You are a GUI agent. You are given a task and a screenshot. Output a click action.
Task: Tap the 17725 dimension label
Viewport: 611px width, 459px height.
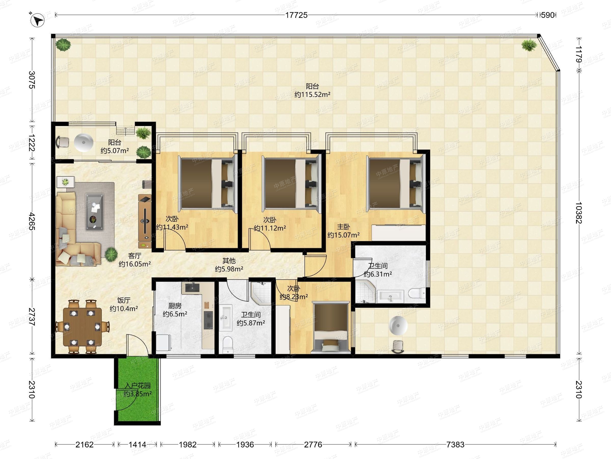click(x=296, y=15)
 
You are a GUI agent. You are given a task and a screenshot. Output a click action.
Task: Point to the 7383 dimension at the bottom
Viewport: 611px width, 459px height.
click(x=455, y=445)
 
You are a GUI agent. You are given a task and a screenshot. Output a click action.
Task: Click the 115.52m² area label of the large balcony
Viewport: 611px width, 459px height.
click(x=312, y=95)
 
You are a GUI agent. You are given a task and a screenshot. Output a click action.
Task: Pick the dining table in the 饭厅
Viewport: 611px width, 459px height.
click(x=82, y=327)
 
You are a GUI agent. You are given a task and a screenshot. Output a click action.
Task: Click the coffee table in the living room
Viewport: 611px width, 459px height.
click(x=95, y=212)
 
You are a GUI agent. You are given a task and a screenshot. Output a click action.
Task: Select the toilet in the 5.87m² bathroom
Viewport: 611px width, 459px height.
click(x=228, y=345)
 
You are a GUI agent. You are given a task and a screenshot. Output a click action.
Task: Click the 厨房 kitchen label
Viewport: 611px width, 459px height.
click(x=175, y=306)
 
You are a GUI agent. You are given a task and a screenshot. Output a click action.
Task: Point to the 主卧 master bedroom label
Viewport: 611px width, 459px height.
click(x=344, y=227)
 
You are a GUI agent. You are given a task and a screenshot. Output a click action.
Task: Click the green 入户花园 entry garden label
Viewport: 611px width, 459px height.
click(x=137, y=386)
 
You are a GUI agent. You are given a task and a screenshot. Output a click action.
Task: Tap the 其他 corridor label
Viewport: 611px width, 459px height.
click(x=229, y=261)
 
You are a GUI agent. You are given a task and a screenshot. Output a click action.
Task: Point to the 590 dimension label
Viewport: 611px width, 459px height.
click(x=548, y=15)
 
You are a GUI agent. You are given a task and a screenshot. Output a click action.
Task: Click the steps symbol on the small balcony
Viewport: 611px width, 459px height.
click(x=126, y=131)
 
